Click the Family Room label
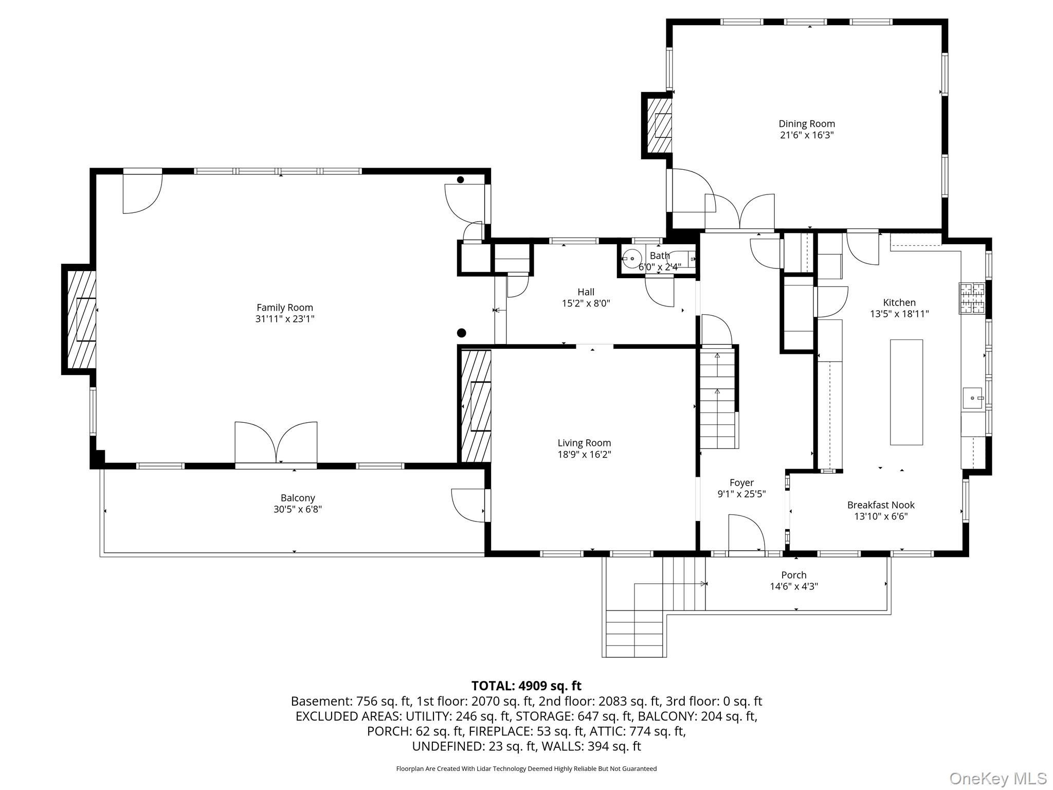pyautogui.click(x=285, y=308)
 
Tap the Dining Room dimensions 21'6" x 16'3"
pyautogui.click(x=807, y=135)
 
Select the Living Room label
pyautogui.click(x=584, y=443)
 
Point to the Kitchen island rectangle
pyautogui.click(x=906, y=392)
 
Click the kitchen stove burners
pyautogui.click(x=972, y=298)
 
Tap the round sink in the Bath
pyautogui.click(x=631, y=257)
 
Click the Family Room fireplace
pyautogui.click(x=80, y=319)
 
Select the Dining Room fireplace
pyautogui.click(x=657, y=125)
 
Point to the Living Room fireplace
pyautogui.click(x=475, y=406)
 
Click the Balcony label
pyautogui.click(x=298, y=498)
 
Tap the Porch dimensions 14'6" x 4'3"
pyautogui.click(x=794, y=586)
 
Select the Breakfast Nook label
pyautogui.click(x=881, y=505)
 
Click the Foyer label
pyautogui.click(x=741, y=482)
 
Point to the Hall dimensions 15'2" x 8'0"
pyautogui.click(x=586, y=303)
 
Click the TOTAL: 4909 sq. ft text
pyautogui.click(x=526, y=686)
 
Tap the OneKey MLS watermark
pyautogui.click(x=998, y=779)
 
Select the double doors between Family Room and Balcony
pyautogui.click(x=276, y=443)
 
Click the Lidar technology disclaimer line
pyautogui.click(x=526, y=768)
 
